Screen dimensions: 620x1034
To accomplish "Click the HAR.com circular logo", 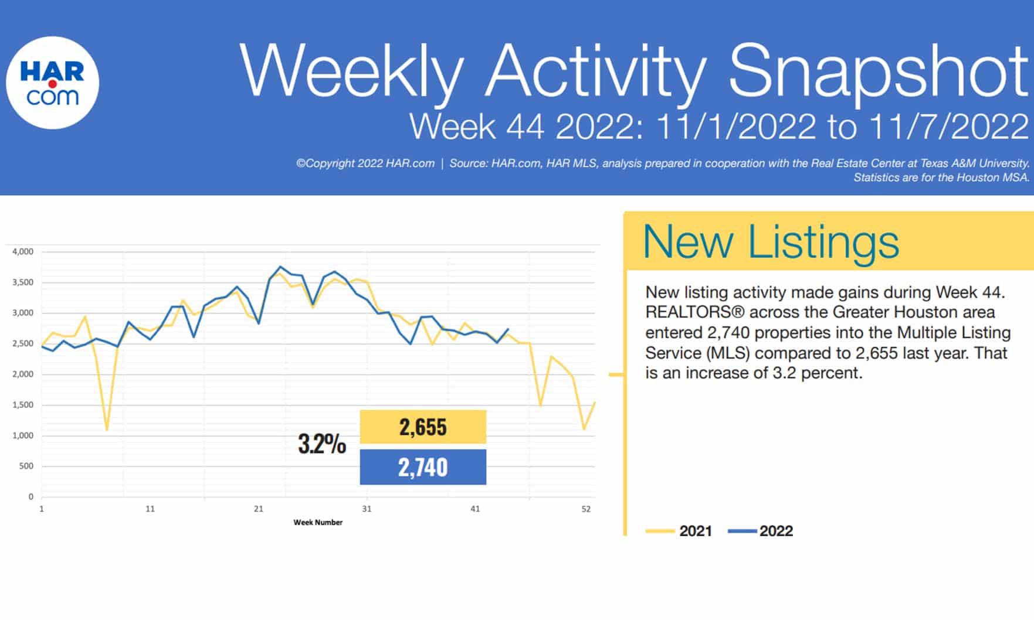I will pyautogui.click(x=52, y=83).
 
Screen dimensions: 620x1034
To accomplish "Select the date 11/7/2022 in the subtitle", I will pyautogui.click(x=948, y=126).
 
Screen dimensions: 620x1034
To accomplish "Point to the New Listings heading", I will pyautogui.click(x=771, y=241).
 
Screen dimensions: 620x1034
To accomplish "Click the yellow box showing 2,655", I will pyautogui.click(x=423, y=427).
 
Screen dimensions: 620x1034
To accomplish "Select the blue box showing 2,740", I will pyautogui.click(x=423, y=467).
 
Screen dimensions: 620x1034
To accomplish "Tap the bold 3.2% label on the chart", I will pyautogui.click(x=322, y=444).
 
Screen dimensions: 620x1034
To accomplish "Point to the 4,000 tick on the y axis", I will pyautogui.click(x=23, y=251).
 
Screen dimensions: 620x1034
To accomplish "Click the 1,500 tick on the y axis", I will pyautogui.click(x=23, y=405).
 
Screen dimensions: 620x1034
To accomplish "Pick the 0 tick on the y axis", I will pyautogui.click(x=31, y=497).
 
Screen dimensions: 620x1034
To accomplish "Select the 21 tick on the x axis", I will pyautogui.click(x=258, y=509).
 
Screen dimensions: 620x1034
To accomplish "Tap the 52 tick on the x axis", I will pyautogui.click(x=586, y=509).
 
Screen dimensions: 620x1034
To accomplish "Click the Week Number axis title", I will pyautogui.click(x=318, y=522).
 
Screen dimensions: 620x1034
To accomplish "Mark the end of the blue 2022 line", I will pyautogui.click(x=508, y=329).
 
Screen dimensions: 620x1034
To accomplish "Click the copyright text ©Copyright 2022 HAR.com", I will pyautogui.click(x=365, y=163).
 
